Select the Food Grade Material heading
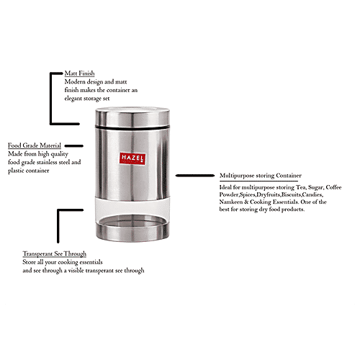coord(35,145)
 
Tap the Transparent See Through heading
coord(54,254)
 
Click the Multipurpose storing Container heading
coord(260,176)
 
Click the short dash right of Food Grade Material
coord(77,145)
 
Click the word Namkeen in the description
coord(234,202)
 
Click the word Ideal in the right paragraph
coord(228,186)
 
